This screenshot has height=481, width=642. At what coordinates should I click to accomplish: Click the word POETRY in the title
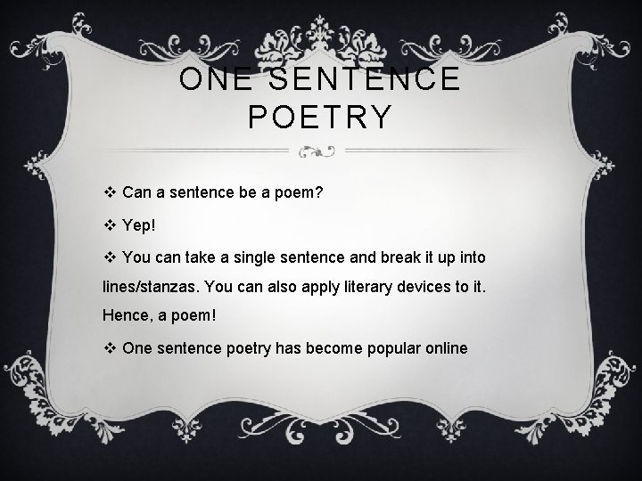pos(321,116)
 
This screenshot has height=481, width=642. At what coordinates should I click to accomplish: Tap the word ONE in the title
pos(213,79)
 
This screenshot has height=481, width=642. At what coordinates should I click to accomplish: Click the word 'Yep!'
pos(141,225)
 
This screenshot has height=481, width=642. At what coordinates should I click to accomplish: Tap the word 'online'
pos(444,347)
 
